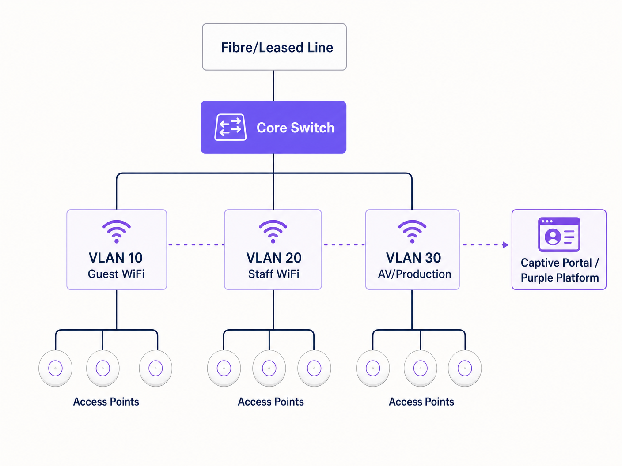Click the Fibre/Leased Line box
[274, 47]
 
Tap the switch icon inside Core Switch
[230, 127]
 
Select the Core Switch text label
[295, 128]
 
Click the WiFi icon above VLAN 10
[117, 232]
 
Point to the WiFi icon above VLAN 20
[273, 232]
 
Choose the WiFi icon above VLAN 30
[412, 232]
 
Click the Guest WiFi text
[116, 274]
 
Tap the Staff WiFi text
[273, 274]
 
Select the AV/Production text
[414, 274]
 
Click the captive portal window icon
[559, 234]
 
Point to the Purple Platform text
[560, 278]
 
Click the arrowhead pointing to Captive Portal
[505, 245]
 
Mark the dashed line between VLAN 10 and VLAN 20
[195, 244]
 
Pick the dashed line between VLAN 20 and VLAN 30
[344, 244]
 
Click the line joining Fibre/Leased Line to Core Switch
[273, 86]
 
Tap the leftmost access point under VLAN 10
[55, 368]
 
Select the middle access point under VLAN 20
[269, 368]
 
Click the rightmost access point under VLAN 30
[465, 368]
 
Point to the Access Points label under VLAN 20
[270, 402]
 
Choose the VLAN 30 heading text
[413, 258]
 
